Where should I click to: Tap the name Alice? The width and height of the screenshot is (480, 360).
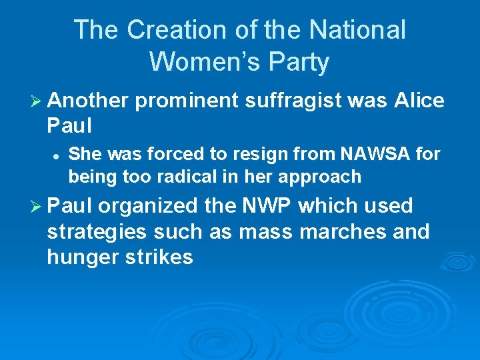pos(419,101)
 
